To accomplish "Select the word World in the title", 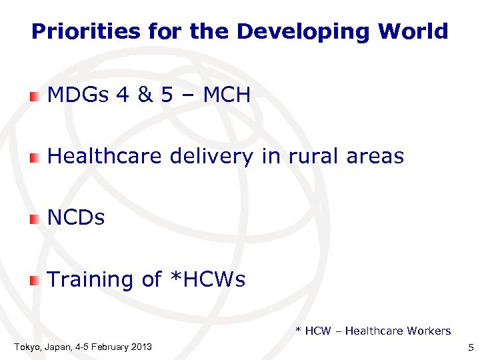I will (413, 31).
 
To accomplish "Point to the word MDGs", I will (78, 95).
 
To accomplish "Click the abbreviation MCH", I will (227, 95).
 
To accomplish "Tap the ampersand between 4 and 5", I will (144, 95).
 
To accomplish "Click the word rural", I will (313, 157).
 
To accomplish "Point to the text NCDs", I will (77, 218).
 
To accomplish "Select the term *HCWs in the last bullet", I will (204, 279).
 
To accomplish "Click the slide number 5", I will (471, 347).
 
